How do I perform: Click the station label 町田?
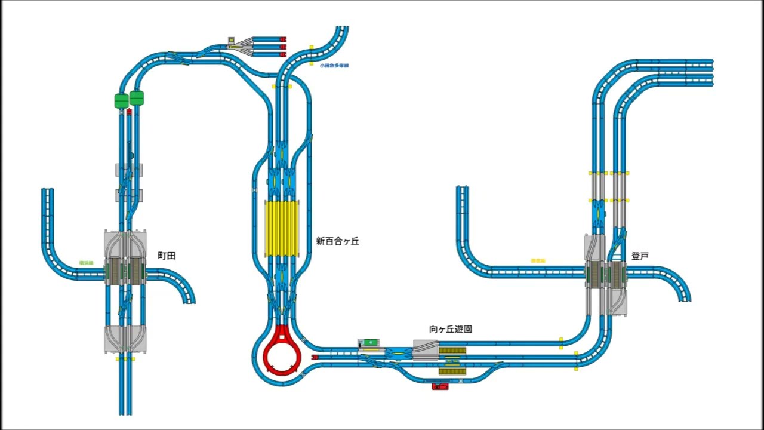coord(167,256)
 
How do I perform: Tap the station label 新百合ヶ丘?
coord(337,241)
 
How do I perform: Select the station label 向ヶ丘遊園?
coord(451,329)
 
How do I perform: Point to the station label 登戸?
coord(640,256)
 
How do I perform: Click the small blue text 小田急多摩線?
coord(334,66)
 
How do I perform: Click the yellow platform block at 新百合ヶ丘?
coord(281,229)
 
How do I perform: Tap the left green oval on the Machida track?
coord(122,100)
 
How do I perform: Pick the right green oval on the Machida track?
coord(137,97)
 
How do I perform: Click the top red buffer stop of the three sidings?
coord(284,39)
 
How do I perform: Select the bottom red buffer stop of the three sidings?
coord(284,54)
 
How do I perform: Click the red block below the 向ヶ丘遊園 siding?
coord(440,386)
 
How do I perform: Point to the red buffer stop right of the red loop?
coord(315,357)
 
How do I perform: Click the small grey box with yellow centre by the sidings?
coord(232,40)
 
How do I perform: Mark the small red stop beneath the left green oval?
coord(130,111)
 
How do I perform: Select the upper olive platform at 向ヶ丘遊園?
coord(452,350)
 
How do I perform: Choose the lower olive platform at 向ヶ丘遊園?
coord(452,371)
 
